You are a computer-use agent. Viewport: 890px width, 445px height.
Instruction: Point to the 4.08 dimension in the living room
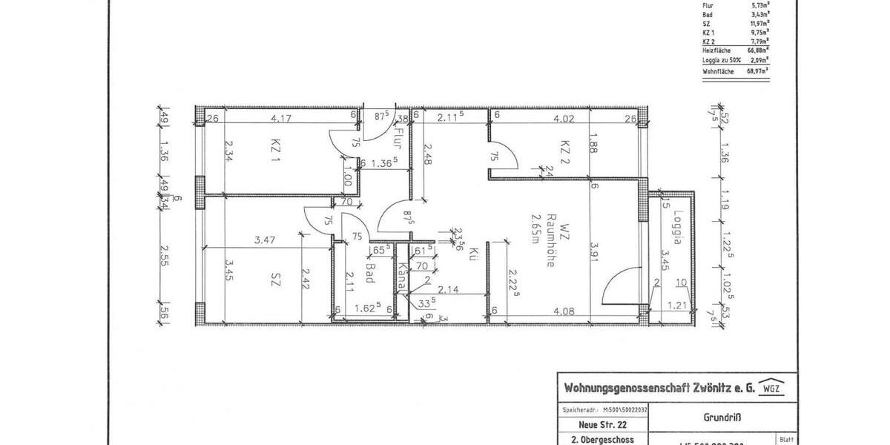pos(562,312)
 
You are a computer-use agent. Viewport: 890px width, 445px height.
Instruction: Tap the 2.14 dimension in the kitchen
pos(447,290)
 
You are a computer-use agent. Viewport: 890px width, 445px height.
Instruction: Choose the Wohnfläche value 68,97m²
pos(756,71)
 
